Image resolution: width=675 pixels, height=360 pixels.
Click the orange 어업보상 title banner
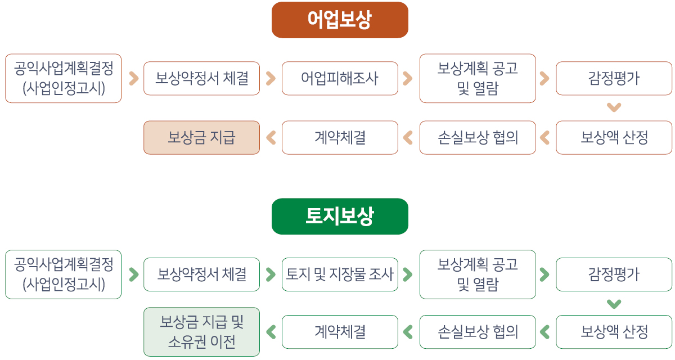pos(340,20)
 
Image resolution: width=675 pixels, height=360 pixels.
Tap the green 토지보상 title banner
pos(340,217)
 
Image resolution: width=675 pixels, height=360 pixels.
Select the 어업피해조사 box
pos(340,78)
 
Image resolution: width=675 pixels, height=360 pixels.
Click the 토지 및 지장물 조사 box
pos(340,274)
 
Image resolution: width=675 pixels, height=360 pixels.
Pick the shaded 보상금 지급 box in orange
pos(201,138)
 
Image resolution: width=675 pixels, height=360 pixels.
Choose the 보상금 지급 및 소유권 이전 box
pos(201,332)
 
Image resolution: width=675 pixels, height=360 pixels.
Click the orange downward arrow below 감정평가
pos(614,107)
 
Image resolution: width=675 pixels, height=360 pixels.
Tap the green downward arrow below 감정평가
pos(614,304)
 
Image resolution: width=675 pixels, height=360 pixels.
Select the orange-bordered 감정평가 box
pos(614,78)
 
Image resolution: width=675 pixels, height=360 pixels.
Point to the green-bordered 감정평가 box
pos(614,274)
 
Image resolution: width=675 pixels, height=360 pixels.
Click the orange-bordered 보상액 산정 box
pos(614,138)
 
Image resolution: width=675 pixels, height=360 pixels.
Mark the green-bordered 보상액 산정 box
pos(614,332)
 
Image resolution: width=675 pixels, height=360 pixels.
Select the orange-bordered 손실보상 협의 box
pos(478,138)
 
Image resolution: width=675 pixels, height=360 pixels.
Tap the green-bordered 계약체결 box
pos(340,332)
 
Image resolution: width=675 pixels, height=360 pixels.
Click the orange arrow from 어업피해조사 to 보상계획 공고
pos(408,78)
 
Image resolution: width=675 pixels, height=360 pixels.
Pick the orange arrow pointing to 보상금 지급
pos(271,138)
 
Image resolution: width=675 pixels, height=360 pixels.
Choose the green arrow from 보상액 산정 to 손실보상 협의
pos(545,332)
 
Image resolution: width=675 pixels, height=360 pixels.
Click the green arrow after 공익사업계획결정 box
pos(134,274)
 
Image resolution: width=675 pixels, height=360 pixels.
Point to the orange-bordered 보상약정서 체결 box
pos(201,78)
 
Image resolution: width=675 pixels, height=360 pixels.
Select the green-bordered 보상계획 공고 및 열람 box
pos(478,274)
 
